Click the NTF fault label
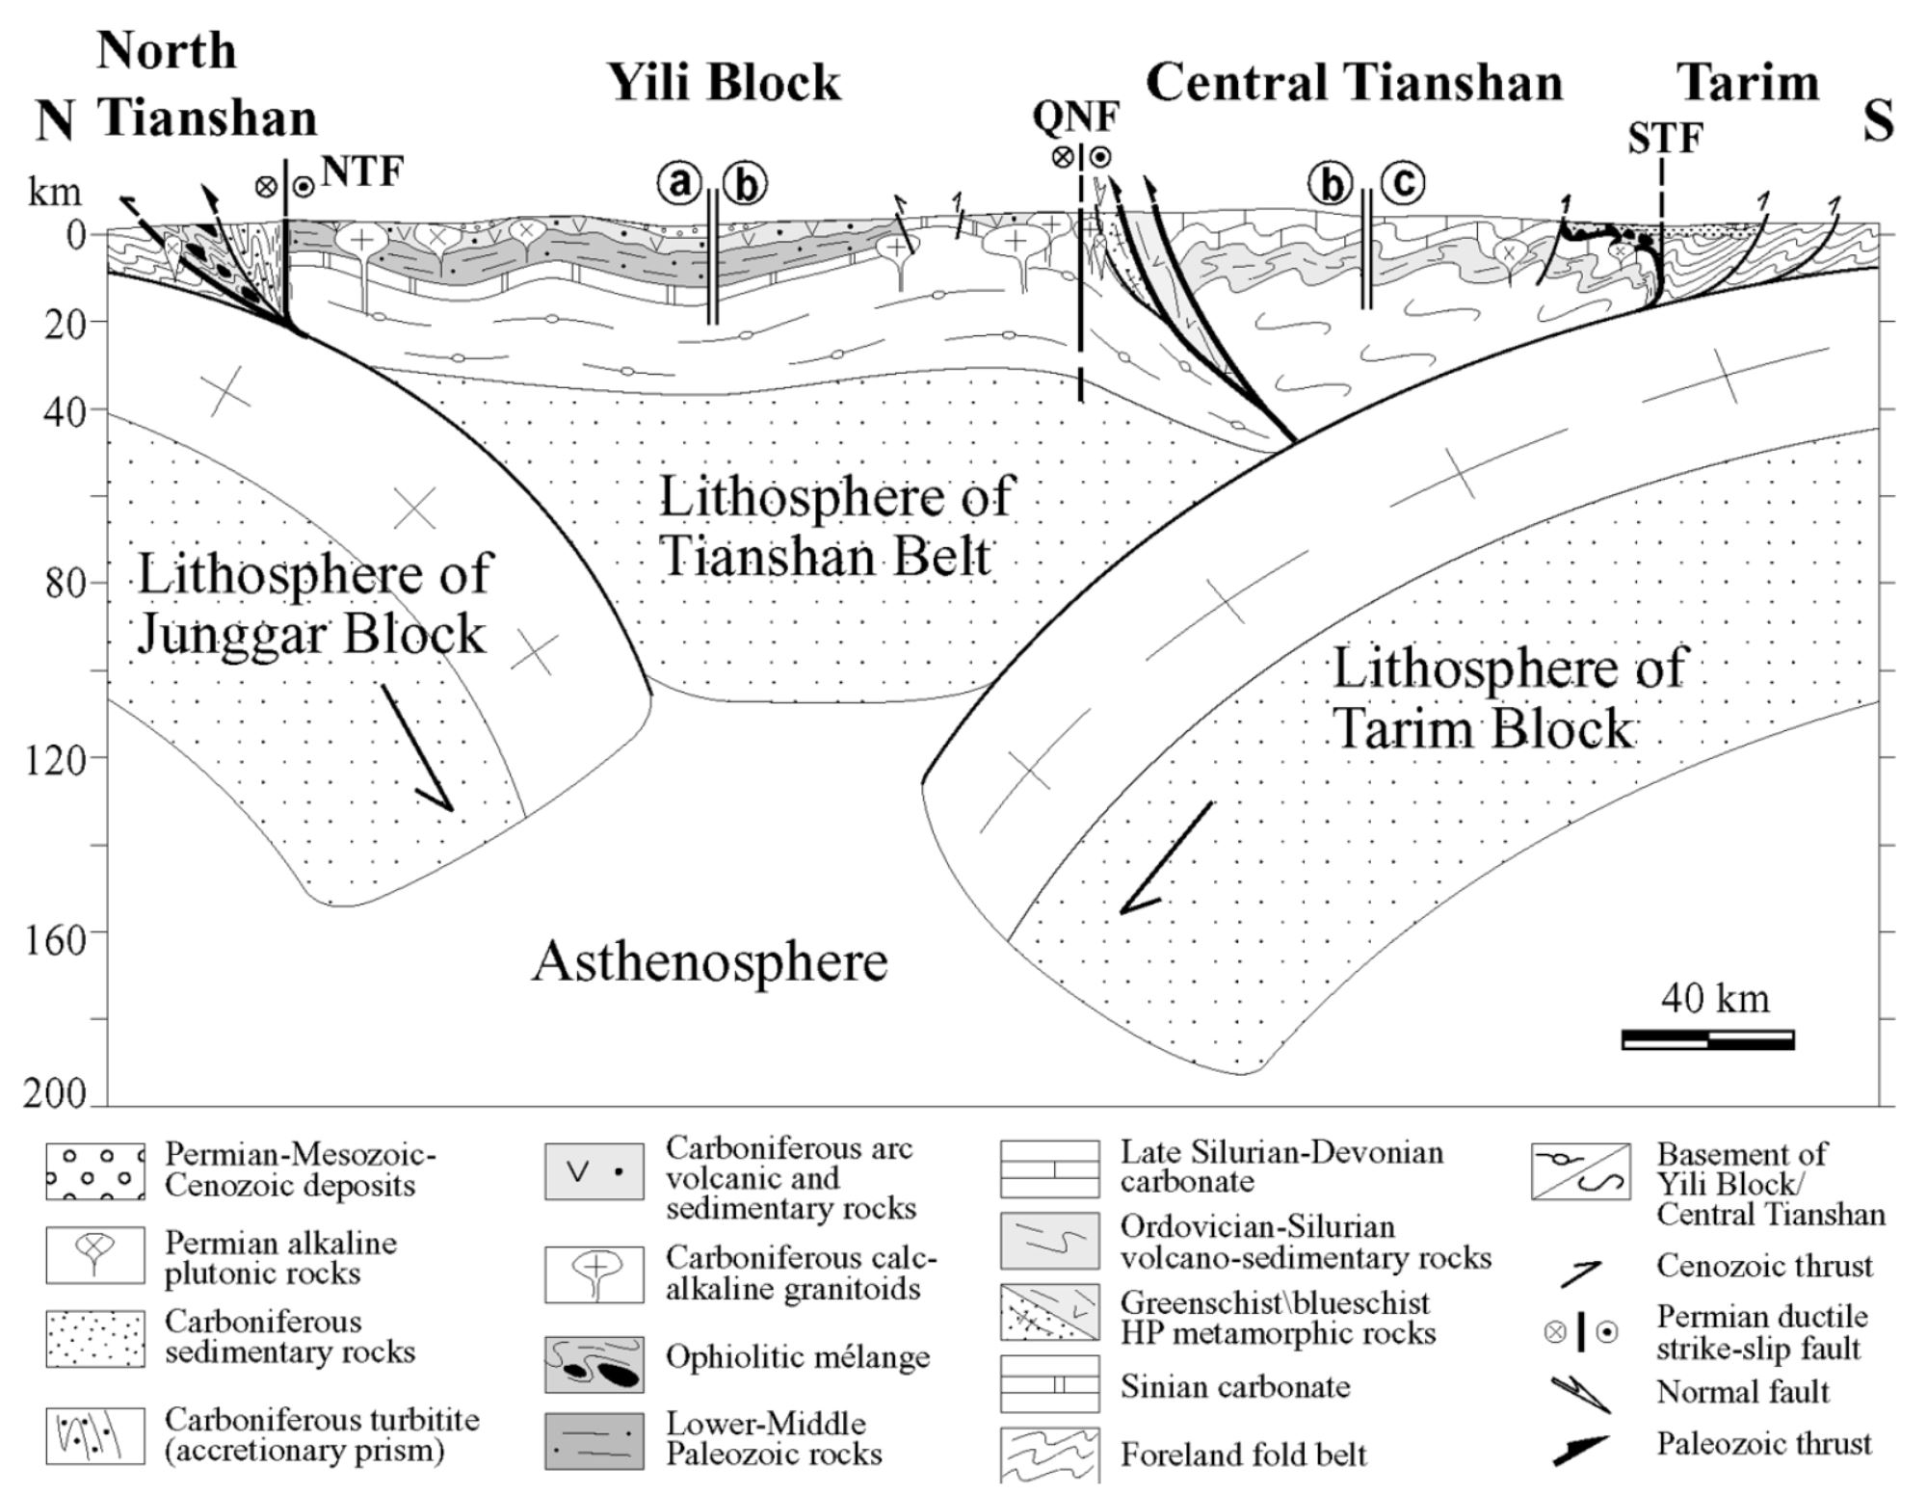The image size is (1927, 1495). [x=362, y=172]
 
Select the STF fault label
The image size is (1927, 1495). [x=1665, y=139]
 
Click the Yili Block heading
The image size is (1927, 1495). [x=724, y=83]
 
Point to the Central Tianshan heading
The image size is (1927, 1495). [x=1354, y=83]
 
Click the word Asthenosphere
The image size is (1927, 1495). [x=710, y=962]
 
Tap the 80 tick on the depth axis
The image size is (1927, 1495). [x=66, y=584]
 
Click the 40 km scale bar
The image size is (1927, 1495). [x=1708, y=1039]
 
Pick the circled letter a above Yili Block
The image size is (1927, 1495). [x=680, y=181]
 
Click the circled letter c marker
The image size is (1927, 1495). [x=1402, y=182]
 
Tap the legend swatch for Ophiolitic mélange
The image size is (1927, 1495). [x=594, y=1363]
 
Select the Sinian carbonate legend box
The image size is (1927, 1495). [x=1049, y=1384]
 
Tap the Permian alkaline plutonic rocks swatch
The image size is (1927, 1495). [x=94, y=1254]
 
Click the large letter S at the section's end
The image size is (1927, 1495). [x=1878, y=122]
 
